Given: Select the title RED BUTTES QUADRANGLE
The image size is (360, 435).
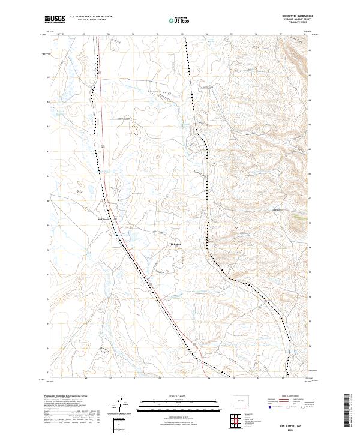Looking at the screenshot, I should click(297, 16).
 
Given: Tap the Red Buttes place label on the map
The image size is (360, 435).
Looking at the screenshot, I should click(104, 220).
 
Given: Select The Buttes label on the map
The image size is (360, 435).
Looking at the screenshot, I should click(175, 244).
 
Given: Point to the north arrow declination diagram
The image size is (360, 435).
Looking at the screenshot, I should click(121, 403).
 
